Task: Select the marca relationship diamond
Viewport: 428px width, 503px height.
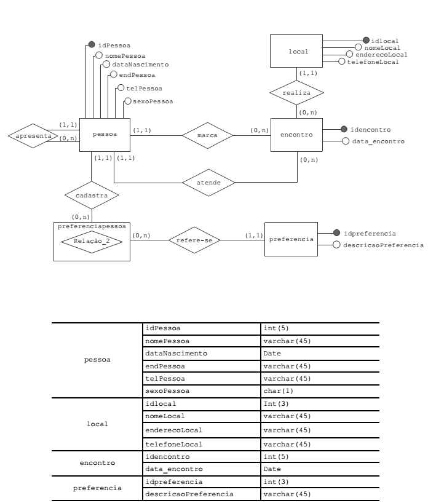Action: click(208, 133)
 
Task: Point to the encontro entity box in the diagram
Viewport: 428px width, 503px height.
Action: click(296, 133)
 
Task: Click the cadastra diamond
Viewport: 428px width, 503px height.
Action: click(91, 197)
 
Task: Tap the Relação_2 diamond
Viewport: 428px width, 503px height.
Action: click(92, 242)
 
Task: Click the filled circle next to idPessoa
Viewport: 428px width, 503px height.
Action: click(92, 44)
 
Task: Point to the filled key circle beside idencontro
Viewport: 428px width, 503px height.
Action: click(344, 130)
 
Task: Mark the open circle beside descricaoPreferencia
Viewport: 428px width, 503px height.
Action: click(336, 245)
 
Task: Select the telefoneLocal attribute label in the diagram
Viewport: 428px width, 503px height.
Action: click(373, 62)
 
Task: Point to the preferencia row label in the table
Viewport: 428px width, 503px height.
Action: click(96, 487)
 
